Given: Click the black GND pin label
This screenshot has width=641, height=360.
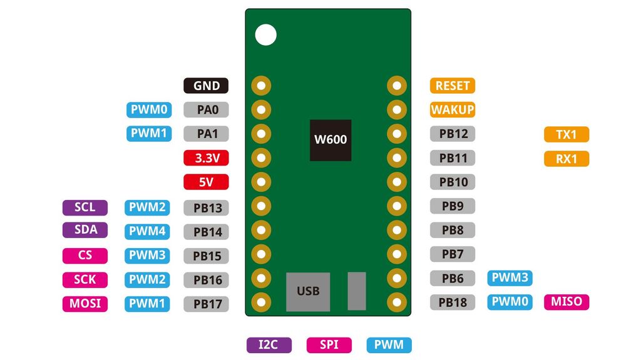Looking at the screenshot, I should coord(206,86).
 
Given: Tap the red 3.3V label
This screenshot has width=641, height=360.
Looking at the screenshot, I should coord(206,158).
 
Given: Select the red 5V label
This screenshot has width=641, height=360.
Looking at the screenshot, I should coord(206,182).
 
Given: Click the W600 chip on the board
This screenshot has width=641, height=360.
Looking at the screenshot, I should coord(330,140).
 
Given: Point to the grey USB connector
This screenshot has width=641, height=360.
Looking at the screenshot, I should coord(308,291).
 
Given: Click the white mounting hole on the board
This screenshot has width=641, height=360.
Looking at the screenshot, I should coord(265,34).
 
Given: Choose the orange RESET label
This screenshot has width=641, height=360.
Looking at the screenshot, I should coord(453,86).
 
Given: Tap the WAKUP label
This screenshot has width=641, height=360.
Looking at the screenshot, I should coord(453,110).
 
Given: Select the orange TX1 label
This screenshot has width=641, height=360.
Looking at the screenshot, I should coord(567,134).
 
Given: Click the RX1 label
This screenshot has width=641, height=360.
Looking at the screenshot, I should coord(567,159).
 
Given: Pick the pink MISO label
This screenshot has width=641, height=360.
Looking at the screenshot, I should coord(567,302).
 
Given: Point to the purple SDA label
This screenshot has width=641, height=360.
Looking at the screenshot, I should coord(85,229).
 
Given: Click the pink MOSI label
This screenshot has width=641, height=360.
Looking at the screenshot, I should coord(85,304).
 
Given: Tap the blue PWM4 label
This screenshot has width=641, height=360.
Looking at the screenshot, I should coord(147,231).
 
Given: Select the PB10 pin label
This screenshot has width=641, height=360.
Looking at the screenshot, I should coord(453,182).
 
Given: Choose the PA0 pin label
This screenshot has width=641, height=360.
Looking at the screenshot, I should coord(206,110).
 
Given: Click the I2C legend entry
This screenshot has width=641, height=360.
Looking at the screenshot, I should coord(269,344).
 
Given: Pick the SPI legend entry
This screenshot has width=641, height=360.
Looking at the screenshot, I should coord(329,344).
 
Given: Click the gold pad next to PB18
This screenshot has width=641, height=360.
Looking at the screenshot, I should coord(396,302).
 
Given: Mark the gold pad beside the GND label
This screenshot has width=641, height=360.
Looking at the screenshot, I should coord(261,86).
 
